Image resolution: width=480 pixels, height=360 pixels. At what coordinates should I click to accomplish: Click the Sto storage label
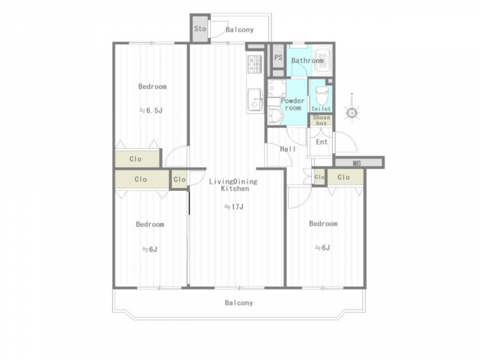coord(200,29)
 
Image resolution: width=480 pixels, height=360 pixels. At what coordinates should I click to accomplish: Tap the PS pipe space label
coord(278,57)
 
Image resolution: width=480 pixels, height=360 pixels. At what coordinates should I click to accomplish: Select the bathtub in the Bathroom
coord(323,60)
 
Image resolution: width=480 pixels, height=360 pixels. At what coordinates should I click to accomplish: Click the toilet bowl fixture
coord(322,96)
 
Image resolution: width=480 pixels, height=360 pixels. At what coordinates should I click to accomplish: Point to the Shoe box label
coord(321,121)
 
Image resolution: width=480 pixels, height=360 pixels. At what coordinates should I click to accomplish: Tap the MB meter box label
coord(357,163)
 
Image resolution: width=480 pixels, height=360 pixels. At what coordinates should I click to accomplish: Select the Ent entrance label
coord(322,142)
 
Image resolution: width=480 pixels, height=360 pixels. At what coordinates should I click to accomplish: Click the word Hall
coord(288,149)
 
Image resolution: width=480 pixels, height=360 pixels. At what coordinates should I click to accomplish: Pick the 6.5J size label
coord(151,110)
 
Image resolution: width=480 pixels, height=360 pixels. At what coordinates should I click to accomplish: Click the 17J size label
coord(234,207)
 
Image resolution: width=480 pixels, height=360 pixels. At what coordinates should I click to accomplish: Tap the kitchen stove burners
coord(254,65)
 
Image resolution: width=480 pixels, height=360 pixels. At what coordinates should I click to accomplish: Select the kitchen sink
coord(255,100)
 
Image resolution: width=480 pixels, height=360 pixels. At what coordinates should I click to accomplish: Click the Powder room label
coord(293,104)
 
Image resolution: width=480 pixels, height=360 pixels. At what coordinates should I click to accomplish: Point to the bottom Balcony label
coord(239,303)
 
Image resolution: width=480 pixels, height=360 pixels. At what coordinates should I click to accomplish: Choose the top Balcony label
coord(239,29)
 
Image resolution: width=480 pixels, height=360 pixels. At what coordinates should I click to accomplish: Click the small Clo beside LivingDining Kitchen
coord(179,179)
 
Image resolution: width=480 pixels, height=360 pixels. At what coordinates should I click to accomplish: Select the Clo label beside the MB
coord(343,177)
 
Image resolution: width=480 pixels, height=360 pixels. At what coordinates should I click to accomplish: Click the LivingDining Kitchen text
coord(233,185)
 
